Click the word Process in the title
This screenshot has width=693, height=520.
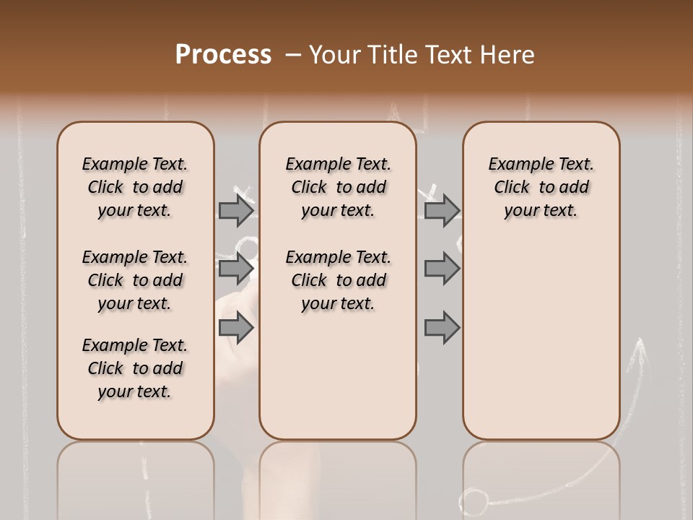[223, 55]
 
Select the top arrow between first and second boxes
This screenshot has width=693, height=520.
[236, 210]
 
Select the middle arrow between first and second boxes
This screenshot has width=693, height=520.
[236, 269]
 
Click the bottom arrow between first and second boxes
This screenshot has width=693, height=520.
[236, 328]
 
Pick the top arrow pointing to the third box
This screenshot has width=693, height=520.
[442, 210]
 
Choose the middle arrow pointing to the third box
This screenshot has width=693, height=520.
[442, 269]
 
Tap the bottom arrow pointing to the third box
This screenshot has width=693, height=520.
[442, 328]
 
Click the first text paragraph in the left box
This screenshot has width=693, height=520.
[135, 187]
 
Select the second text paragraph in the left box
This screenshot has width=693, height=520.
[135, 280]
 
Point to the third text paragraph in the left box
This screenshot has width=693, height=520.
[135, 368]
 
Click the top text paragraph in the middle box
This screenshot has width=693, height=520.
[338, 187]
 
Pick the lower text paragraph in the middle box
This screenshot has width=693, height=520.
[338, 280]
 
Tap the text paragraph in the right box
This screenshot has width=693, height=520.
[541, 187]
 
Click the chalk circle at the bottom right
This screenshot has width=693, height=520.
[474, 501]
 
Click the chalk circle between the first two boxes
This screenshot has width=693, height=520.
[248, 249]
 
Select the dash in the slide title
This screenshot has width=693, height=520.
[293, 55]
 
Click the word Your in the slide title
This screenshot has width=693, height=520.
[336, 55]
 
